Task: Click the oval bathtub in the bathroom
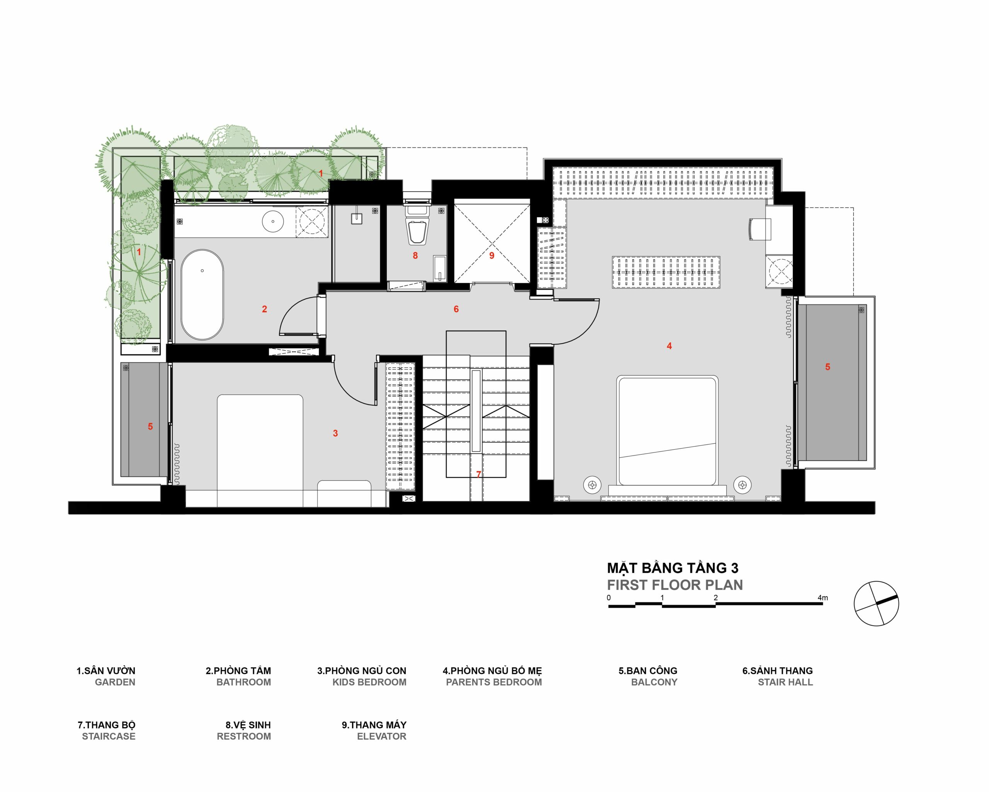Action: tap(203, 295)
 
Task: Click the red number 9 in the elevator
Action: tap(492, 256)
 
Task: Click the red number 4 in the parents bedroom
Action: tap(669, 346)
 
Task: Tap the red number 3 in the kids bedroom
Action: tap(335, 433)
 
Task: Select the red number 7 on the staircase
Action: tap(478, 474)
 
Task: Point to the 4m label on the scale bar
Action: tap(822, 598)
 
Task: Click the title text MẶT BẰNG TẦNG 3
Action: tap(673, 568)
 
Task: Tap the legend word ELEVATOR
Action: tap(382, 736)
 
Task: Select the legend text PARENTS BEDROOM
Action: tap(494, 682)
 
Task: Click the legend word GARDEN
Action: tap(115, 682)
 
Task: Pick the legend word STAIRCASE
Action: tap(109, 736)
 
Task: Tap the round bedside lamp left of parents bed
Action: tap(592, 484)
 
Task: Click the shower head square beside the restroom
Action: tap(357, 218)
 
